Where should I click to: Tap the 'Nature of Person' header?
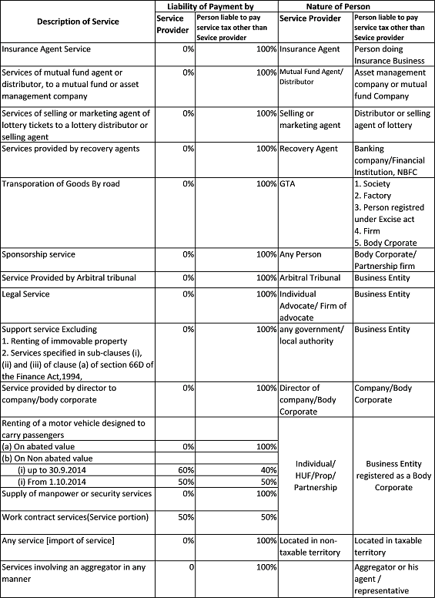(355, 6)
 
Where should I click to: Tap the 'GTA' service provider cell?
(287, 184)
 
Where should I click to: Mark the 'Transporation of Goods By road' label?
(62, 184)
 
